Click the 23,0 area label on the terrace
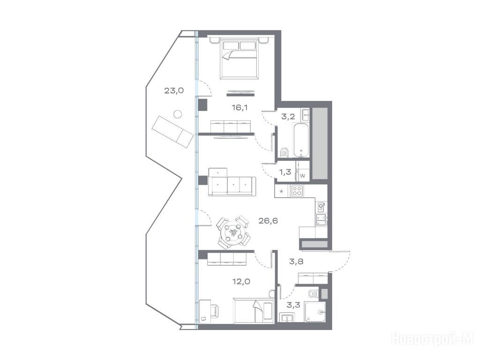tap(174, 90)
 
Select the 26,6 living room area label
tap(268, 221)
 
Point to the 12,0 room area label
tap(241, 282)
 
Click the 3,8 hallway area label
tap(296, 262)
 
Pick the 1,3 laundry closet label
tap(285, 172)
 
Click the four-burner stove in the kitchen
tap(297, 191)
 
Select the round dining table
tap(233, 232)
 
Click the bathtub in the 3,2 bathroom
tap(301, 140)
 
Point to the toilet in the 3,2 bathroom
tap(284, 152)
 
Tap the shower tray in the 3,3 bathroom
tap(315, 312)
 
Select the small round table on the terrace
tap(178, 114)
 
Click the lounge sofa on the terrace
tap(173, 132)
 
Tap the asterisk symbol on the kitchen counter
tap(282, 192)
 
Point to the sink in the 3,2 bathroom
tap(306, 115)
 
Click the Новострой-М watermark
tap(433, 339)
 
